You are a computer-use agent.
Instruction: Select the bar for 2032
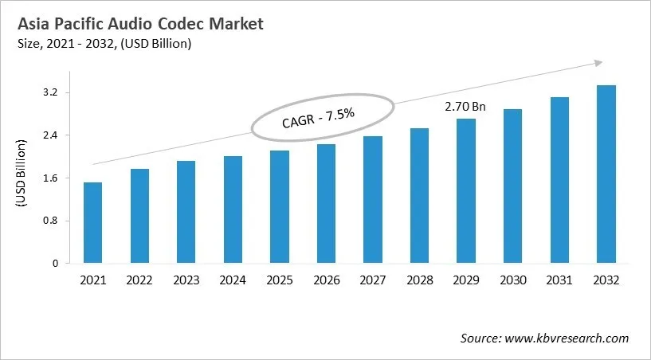click(x=606, y=174)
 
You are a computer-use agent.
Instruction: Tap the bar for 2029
click(x=466, y=191)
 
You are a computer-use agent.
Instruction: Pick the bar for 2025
click(x=279, y=207)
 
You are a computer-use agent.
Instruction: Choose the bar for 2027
click(x=373, y=200)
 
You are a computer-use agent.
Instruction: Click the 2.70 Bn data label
click(x=465, y=105)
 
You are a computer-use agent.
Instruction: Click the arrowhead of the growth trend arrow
click(x=598, y=63)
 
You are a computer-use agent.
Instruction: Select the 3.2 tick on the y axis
click(x=50, y=93)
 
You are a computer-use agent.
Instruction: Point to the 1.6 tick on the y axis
click(x=50, y=178)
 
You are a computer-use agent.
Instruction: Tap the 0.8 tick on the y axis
click(x=50, y=221)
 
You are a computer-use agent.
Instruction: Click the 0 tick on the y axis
click(x=55, y=264)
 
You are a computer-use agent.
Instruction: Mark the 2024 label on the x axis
click(x=233, y=280)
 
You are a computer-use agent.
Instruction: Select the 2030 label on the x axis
click(x=512, y=280)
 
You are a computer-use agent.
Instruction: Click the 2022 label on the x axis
click(x=139, y=280)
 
